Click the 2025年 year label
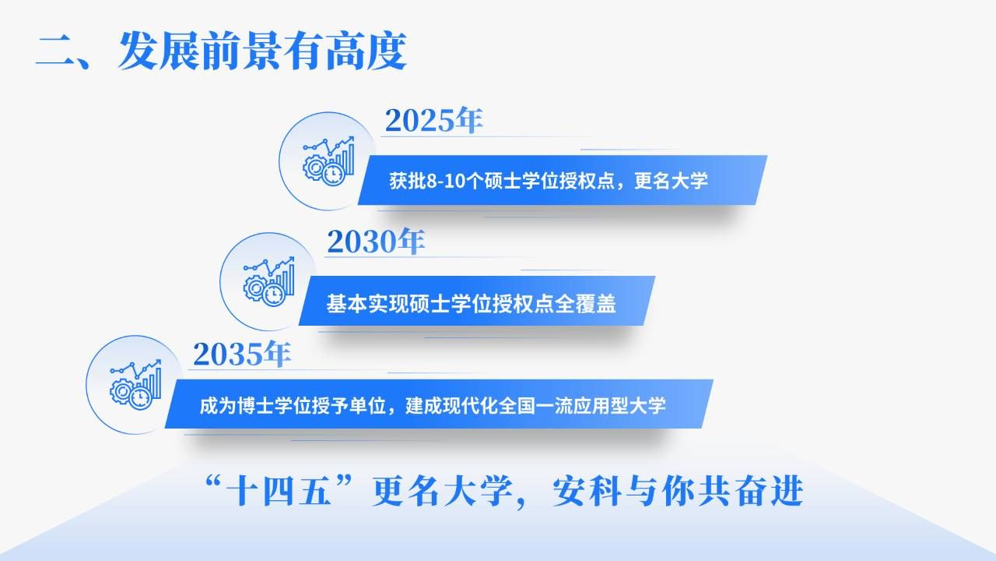(433, 120)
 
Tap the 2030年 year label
(376, 242)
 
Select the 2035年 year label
(242, 355)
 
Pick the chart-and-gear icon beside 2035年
(135, 385)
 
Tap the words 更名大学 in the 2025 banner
(671, 181)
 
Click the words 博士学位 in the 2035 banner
(274, 406)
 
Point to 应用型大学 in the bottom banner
(620, 406)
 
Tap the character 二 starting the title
(55, 52)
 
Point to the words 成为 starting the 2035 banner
(217, 406)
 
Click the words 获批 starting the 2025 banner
(407, 181)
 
